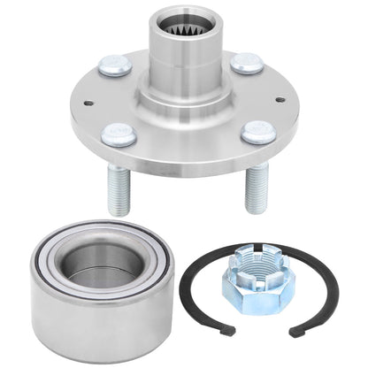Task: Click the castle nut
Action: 256,270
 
